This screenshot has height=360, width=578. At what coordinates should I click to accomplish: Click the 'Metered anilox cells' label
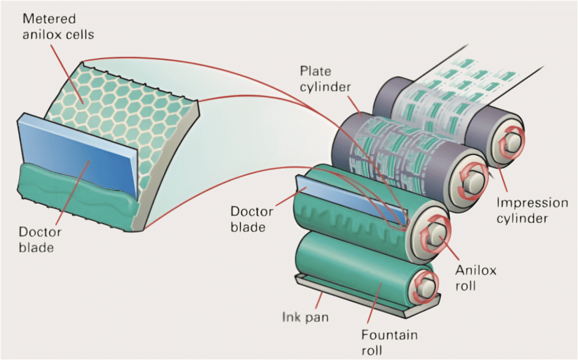point(58,27)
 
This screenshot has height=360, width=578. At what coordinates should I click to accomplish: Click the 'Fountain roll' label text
point(389,342)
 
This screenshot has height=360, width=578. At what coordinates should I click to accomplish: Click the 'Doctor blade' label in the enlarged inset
point(40,240)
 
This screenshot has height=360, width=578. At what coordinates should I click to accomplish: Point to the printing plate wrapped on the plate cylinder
point(389,147)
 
